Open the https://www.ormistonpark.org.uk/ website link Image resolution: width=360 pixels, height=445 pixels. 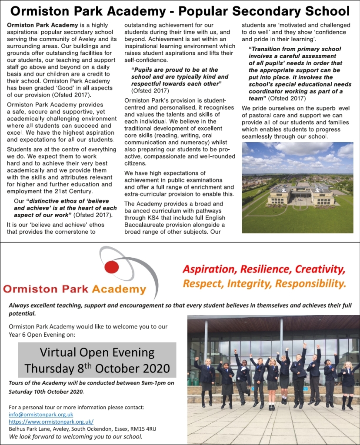click(51, 422)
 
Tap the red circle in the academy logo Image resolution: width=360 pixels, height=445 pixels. click(112, 267)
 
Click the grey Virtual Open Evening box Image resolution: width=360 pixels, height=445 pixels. click(97, 359)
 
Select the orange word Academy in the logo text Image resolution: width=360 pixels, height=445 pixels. click(119, 289)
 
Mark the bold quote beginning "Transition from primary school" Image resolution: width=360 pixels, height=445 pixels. click(296, 74)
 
